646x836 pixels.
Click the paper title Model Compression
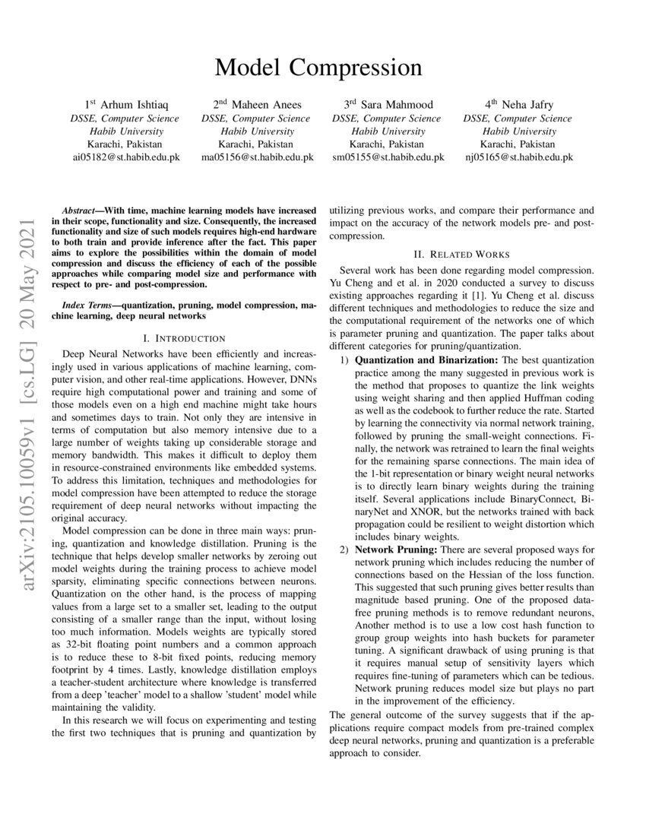[318, 68]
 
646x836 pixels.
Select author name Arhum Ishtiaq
[131, 106]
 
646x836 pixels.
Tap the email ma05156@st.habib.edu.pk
[256, 157]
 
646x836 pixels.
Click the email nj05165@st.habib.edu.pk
[518, 157]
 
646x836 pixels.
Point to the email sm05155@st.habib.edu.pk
[388, 157]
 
